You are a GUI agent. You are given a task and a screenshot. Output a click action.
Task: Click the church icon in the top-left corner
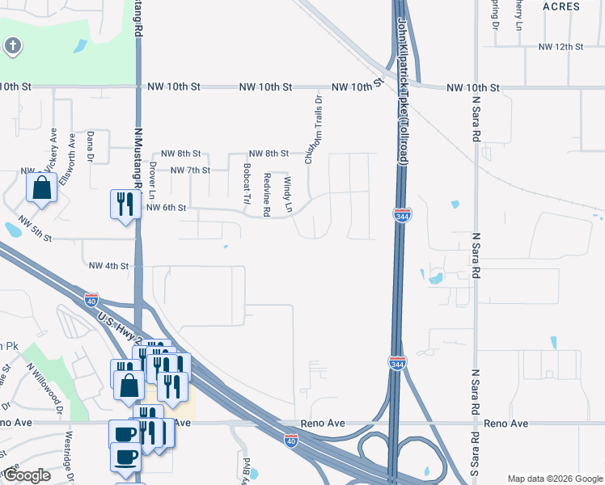13,46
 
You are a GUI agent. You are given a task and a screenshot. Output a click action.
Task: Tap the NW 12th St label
561,47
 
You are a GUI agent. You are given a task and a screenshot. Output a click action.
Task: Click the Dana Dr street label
91,145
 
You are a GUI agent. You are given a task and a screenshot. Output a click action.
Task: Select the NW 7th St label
190,170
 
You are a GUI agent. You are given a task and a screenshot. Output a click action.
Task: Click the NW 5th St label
32,238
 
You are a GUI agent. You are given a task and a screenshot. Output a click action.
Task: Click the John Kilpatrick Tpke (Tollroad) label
403,93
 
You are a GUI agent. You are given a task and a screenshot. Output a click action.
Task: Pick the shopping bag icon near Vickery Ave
41,189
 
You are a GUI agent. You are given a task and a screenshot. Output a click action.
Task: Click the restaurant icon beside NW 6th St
121,204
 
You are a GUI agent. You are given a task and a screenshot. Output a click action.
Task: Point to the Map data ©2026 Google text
554,478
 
